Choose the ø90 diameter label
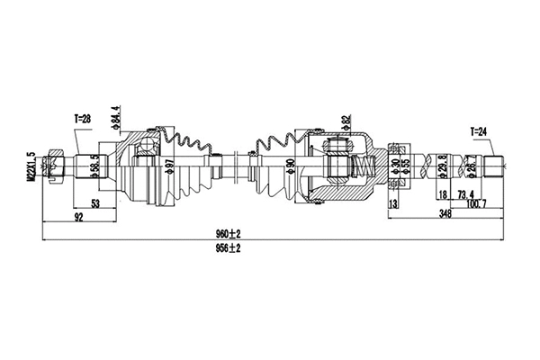(x=290, y=167)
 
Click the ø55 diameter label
(x=408, y=167)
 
